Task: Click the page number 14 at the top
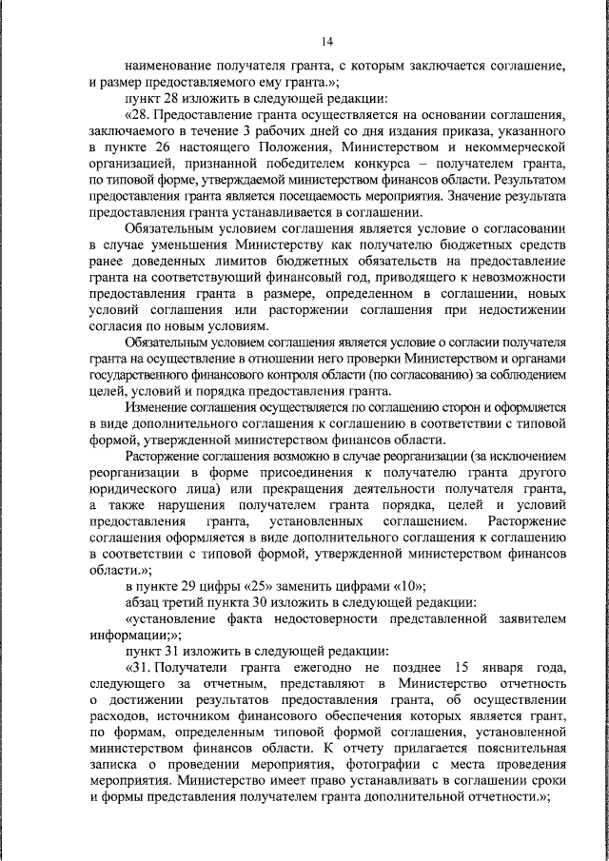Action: click(x=326, y=40)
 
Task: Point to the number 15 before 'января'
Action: click(x=465, y=667)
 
